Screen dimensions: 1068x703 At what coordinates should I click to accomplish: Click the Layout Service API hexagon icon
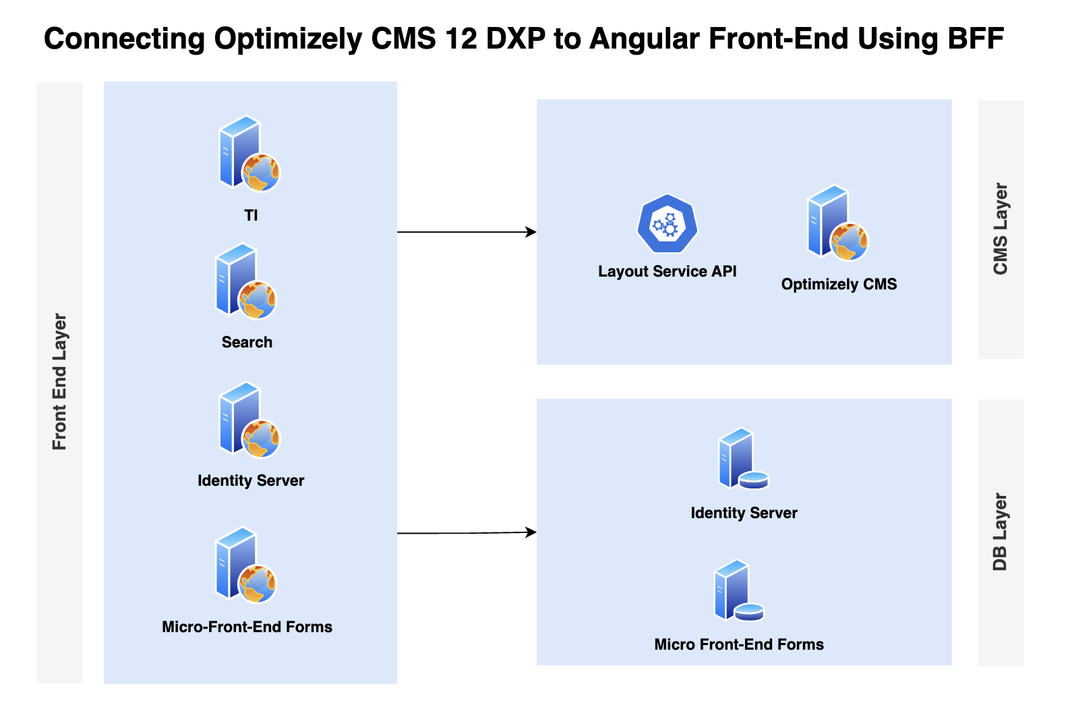pyautogui.click(x=667, y=223)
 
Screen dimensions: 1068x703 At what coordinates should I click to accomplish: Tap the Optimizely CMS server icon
pyautogui.click(x=837, y=223)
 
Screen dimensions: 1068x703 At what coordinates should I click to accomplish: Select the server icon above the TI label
pyautogui.click(x=249, y=154)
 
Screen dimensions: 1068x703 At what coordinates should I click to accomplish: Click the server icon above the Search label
pyautogui.click(x=245, y=281)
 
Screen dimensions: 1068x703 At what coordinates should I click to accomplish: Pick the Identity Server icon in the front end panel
pyautogui.click(x=249, y=420)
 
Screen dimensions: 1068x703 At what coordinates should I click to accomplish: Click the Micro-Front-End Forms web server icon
pyautogui.click(x=245, y=565)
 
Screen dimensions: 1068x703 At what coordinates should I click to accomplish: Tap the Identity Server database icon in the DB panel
pyautogui.click(x=743, y=458)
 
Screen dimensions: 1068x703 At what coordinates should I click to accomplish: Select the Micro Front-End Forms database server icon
pyautogui.click(x=738, y=590)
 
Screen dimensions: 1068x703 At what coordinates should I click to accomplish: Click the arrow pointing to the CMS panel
pyautogui.click(x=467, y=232)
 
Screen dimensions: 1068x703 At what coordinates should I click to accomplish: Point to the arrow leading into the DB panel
pyautogui.click(x=467, y=532)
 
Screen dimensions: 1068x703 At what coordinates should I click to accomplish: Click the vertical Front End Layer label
pyautogui.click(x=59, y=382)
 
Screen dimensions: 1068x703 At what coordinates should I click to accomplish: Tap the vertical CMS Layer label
pyautogui.click(x=1000, y=229)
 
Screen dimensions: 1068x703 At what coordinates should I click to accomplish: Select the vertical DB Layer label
pyautogui.click(x=1000, y=532)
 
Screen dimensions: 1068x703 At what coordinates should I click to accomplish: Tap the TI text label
pyautogui.click(x=251, y=216)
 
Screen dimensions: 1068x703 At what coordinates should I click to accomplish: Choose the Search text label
pyautogui.click(x=247, y=342)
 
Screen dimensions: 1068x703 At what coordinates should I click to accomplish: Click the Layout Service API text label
pyautogui.click(x=667, y=271)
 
